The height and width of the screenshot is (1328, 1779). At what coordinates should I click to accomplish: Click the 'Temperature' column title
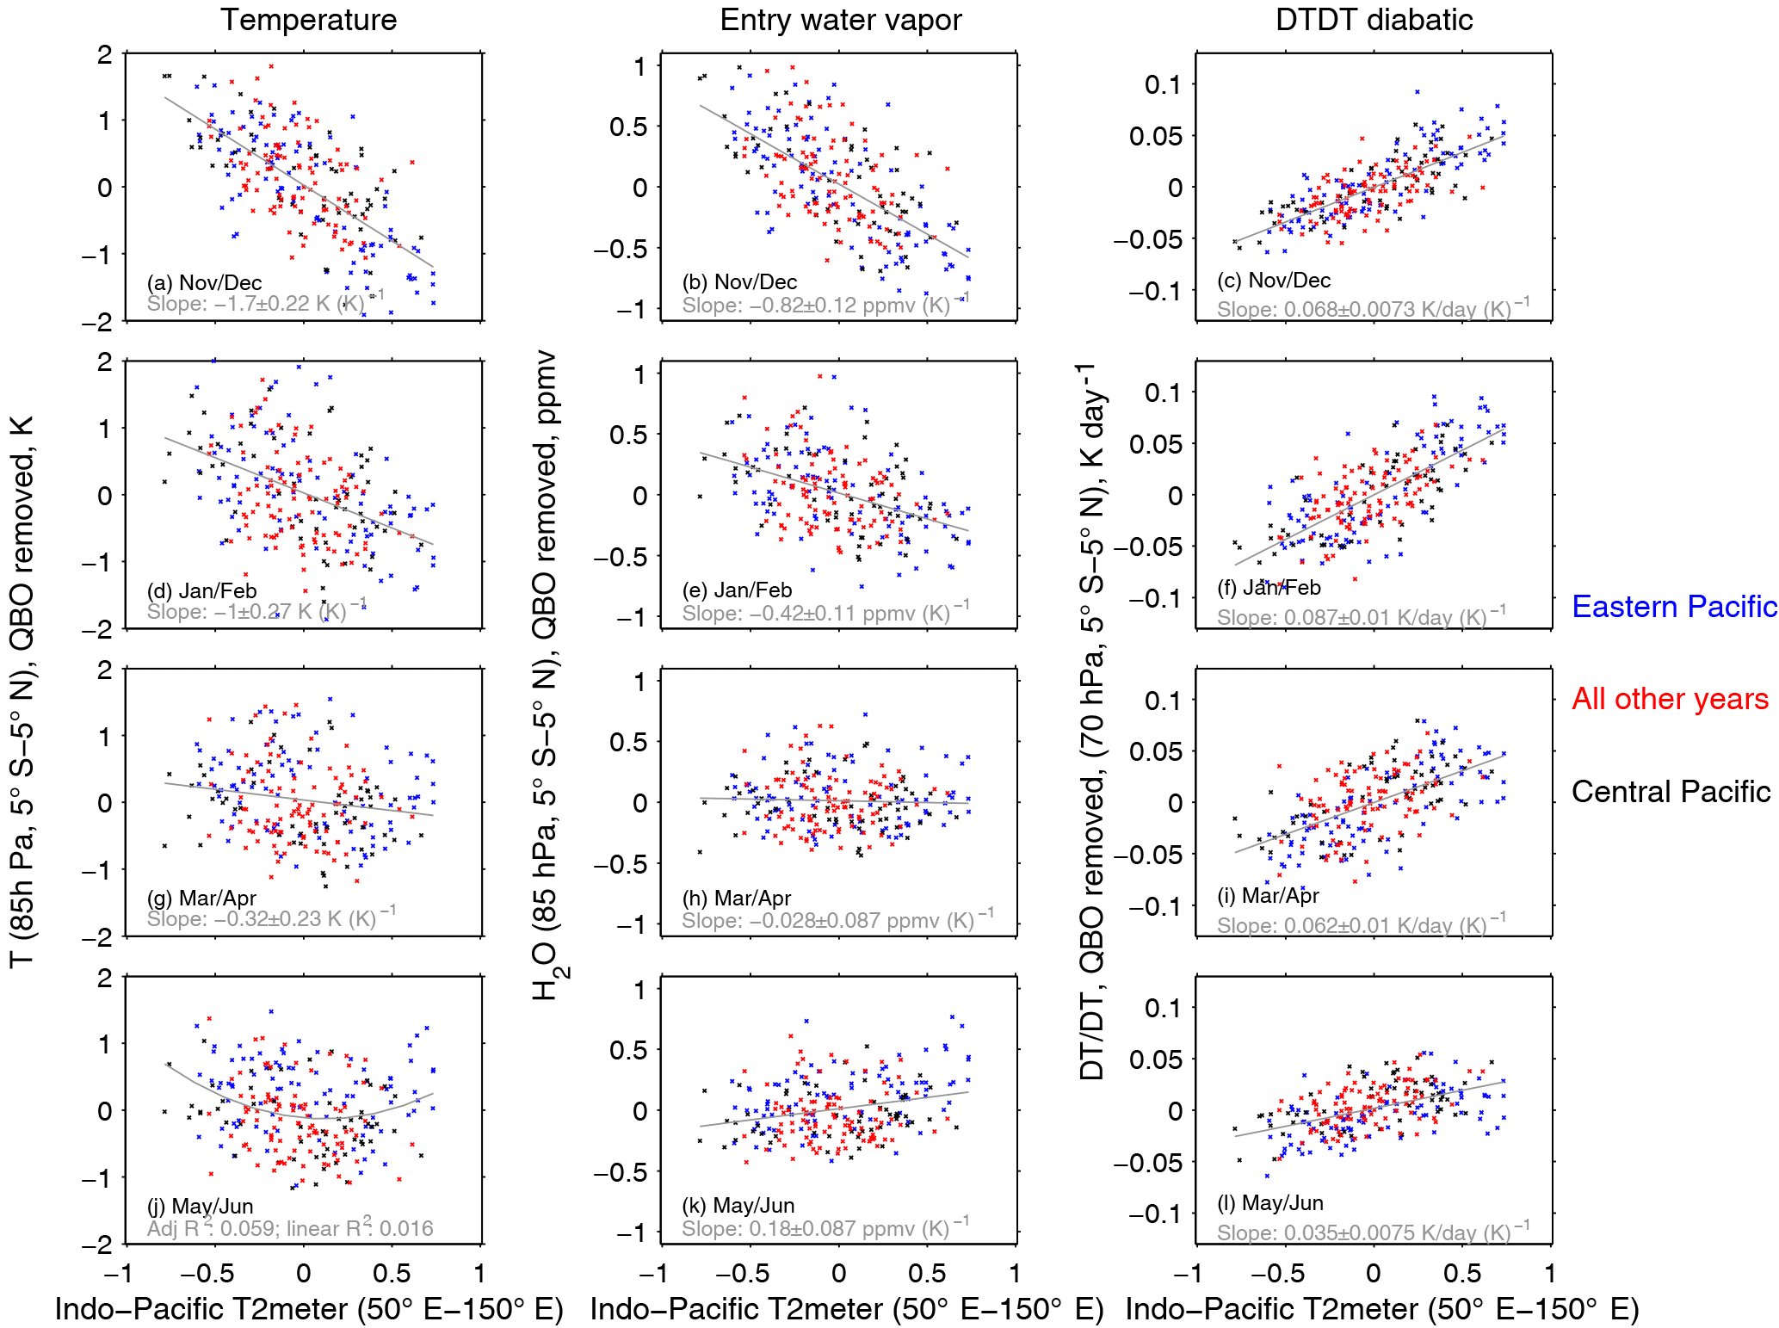[308, 20]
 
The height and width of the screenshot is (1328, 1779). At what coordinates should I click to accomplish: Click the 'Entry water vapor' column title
[840, 20]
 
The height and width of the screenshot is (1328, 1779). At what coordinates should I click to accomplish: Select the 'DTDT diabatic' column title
[1374, 20]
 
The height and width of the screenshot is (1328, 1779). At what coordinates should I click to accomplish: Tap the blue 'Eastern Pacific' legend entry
[1673, 607]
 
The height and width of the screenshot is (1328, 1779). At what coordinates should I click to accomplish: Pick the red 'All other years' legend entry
[1670, 699]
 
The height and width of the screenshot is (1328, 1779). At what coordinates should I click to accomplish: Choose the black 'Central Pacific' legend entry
[1671, 792]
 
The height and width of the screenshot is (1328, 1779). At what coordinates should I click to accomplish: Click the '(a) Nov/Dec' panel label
[204, 282]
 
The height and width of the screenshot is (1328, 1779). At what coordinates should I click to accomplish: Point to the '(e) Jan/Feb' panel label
[737, 590]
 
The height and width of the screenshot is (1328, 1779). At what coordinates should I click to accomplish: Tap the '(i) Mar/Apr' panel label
[1268, 895]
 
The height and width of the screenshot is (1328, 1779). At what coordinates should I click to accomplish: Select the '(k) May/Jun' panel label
[738, 1205]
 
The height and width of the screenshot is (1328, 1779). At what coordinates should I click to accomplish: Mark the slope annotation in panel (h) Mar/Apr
[837, 920]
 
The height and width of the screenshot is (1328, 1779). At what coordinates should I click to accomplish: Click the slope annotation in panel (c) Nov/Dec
[1373, 309]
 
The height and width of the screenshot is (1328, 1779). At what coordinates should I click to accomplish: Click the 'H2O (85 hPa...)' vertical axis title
[546, 676]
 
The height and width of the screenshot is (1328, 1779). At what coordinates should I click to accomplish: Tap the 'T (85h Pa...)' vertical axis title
[22, 693]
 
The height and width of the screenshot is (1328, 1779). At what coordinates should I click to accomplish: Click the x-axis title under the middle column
[846, 1309]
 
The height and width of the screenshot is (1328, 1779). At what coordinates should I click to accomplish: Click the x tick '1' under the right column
[1549, 1273]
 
